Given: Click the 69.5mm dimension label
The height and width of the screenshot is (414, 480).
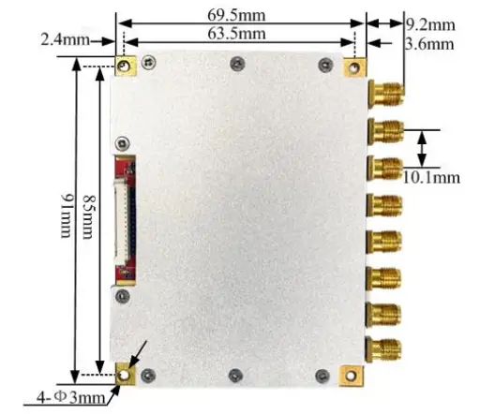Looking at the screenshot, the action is pyautogui.click(x=236, y=15).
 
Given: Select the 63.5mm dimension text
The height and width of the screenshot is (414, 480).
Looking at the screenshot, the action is pyautogui.click(x=236, y=34).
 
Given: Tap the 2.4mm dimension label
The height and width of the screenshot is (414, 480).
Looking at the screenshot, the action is pyautogui.click(x=65, y=40).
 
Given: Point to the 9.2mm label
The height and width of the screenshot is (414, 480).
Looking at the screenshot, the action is pyautogui.click(x=430, y=24).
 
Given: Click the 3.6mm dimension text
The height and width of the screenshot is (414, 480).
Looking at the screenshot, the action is pyautogui.click(x=429, y=44).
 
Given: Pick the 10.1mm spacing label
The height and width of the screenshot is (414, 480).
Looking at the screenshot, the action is pyautogui.click(x=431, y=178).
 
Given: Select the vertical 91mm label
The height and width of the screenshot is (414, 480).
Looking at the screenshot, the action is pyautogui.click(x=67, y=215).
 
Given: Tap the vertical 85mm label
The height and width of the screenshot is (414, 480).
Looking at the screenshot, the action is pyautogui.click(x=88, y=217).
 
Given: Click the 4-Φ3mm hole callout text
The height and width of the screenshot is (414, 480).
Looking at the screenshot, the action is pyautogui.click(x=71, y=397).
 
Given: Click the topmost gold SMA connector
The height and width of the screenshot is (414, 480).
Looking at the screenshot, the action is pyautogui.click(x=385, y=94).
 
